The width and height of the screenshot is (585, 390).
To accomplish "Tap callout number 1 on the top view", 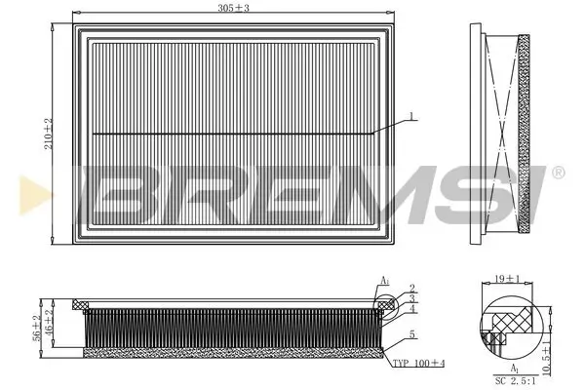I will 412,116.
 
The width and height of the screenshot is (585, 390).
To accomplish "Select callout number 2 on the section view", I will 412,288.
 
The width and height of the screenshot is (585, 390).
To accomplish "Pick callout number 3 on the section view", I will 412,297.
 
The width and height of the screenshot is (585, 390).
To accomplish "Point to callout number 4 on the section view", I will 412,309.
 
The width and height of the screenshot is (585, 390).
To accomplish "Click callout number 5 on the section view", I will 412,334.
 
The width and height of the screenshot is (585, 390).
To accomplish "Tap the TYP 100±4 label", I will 417,363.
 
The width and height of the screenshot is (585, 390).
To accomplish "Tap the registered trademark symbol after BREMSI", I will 558,174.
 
